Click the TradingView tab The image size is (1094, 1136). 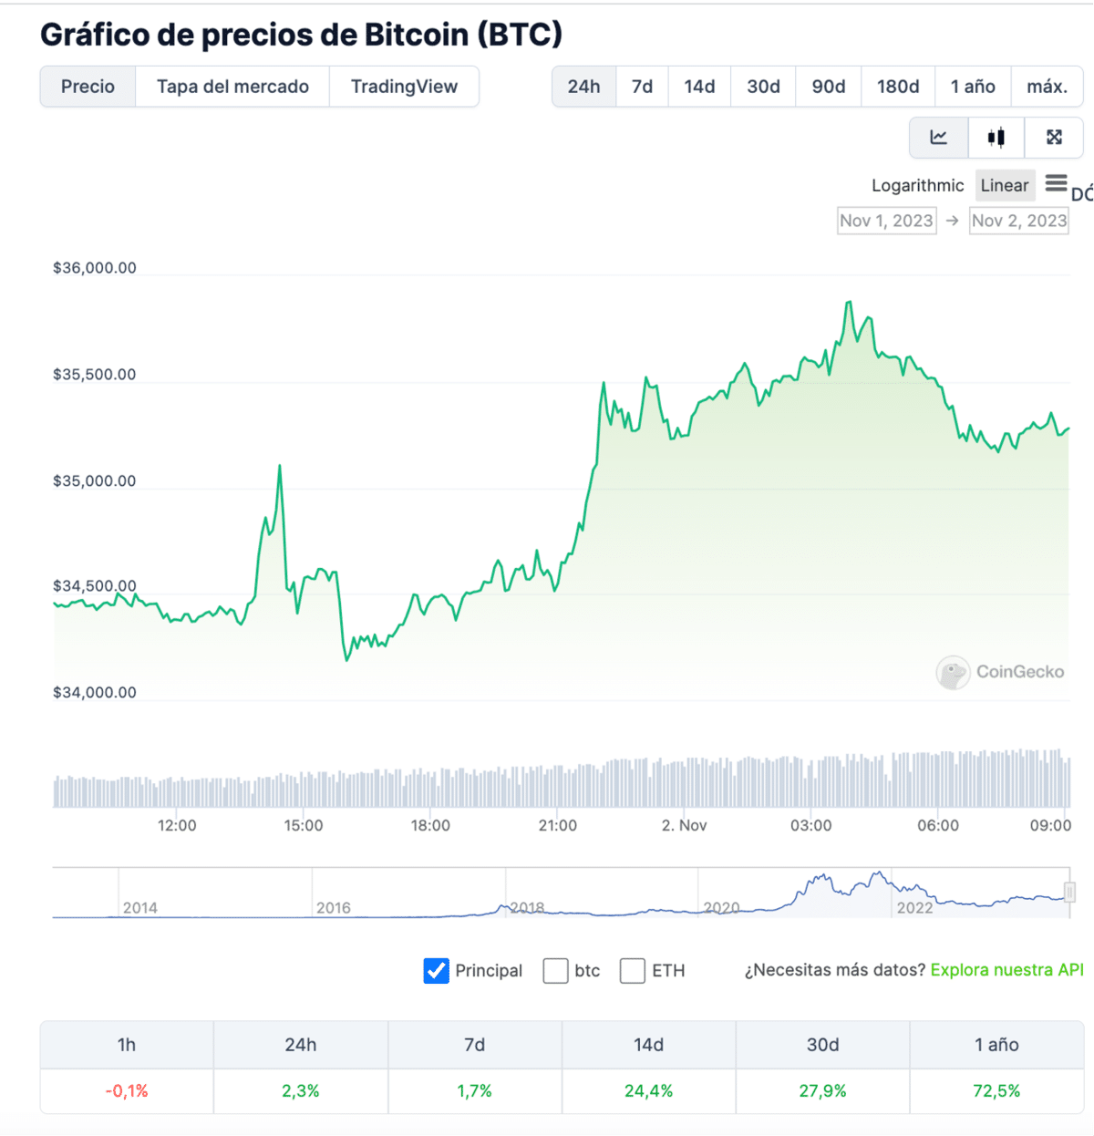tap(404, 87)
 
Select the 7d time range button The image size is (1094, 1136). tap(642, 87)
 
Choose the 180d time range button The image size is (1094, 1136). tap(898, 87)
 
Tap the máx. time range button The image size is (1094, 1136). tap(1047, 87)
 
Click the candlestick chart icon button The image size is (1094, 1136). tap(996, 138)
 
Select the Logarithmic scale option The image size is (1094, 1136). tap(917, 186)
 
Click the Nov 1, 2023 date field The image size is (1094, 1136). tap(886, 221)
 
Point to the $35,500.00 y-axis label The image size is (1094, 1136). tap(95, 375)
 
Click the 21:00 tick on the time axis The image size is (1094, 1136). tap(557, 825)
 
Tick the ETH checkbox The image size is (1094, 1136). tap(633, 971)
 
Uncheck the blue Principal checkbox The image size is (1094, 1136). tap(437, 971)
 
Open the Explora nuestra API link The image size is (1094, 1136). tap(1006, 970)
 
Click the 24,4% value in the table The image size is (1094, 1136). tap(648, 1091)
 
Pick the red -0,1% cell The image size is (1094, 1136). tap(127, 1091)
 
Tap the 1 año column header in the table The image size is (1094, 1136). tap(996, 1045)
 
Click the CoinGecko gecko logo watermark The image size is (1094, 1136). tap(953, 673)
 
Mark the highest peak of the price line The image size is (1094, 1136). tap(850, 302)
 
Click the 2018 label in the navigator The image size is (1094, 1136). tap(527, 908)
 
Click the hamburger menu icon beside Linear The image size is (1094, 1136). tap(1056, 184)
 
